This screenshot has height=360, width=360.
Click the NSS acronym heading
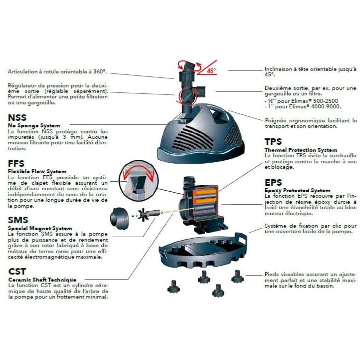(17, 118)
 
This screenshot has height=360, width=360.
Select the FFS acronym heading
(18, 164)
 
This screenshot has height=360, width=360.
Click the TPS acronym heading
(274, 142)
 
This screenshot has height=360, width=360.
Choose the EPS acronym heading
(274, 183)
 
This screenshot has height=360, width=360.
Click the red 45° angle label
(211, 71)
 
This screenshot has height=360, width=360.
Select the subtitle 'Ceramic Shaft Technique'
(42, 280)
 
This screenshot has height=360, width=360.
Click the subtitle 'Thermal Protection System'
(301, 150)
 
